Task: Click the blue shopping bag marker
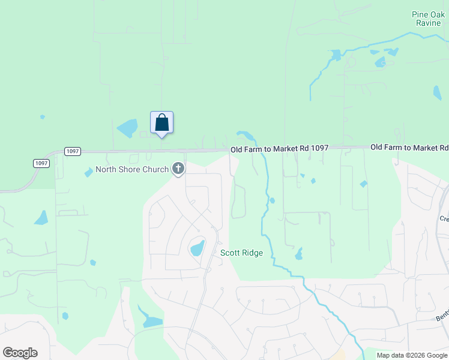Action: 161,123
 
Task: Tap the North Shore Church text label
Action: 132,169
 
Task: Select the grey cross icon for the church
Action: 178,169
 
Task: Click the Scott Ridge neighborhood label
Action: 241,253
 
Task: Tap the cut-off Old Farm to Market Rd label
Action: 409,147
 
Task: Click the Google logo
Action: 20,353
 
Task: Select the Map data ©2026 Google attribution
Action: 412,355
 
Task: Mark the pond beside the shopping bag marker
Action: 127,128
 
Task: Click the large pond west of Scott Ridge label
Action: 197,247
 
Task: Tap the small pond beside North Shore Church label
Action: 89,172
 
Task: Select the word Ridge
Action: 252,253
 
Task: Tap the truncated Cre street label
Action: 444,218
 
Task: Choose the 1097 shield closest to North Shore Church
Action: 72,151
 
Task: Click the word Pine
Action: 420,14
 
